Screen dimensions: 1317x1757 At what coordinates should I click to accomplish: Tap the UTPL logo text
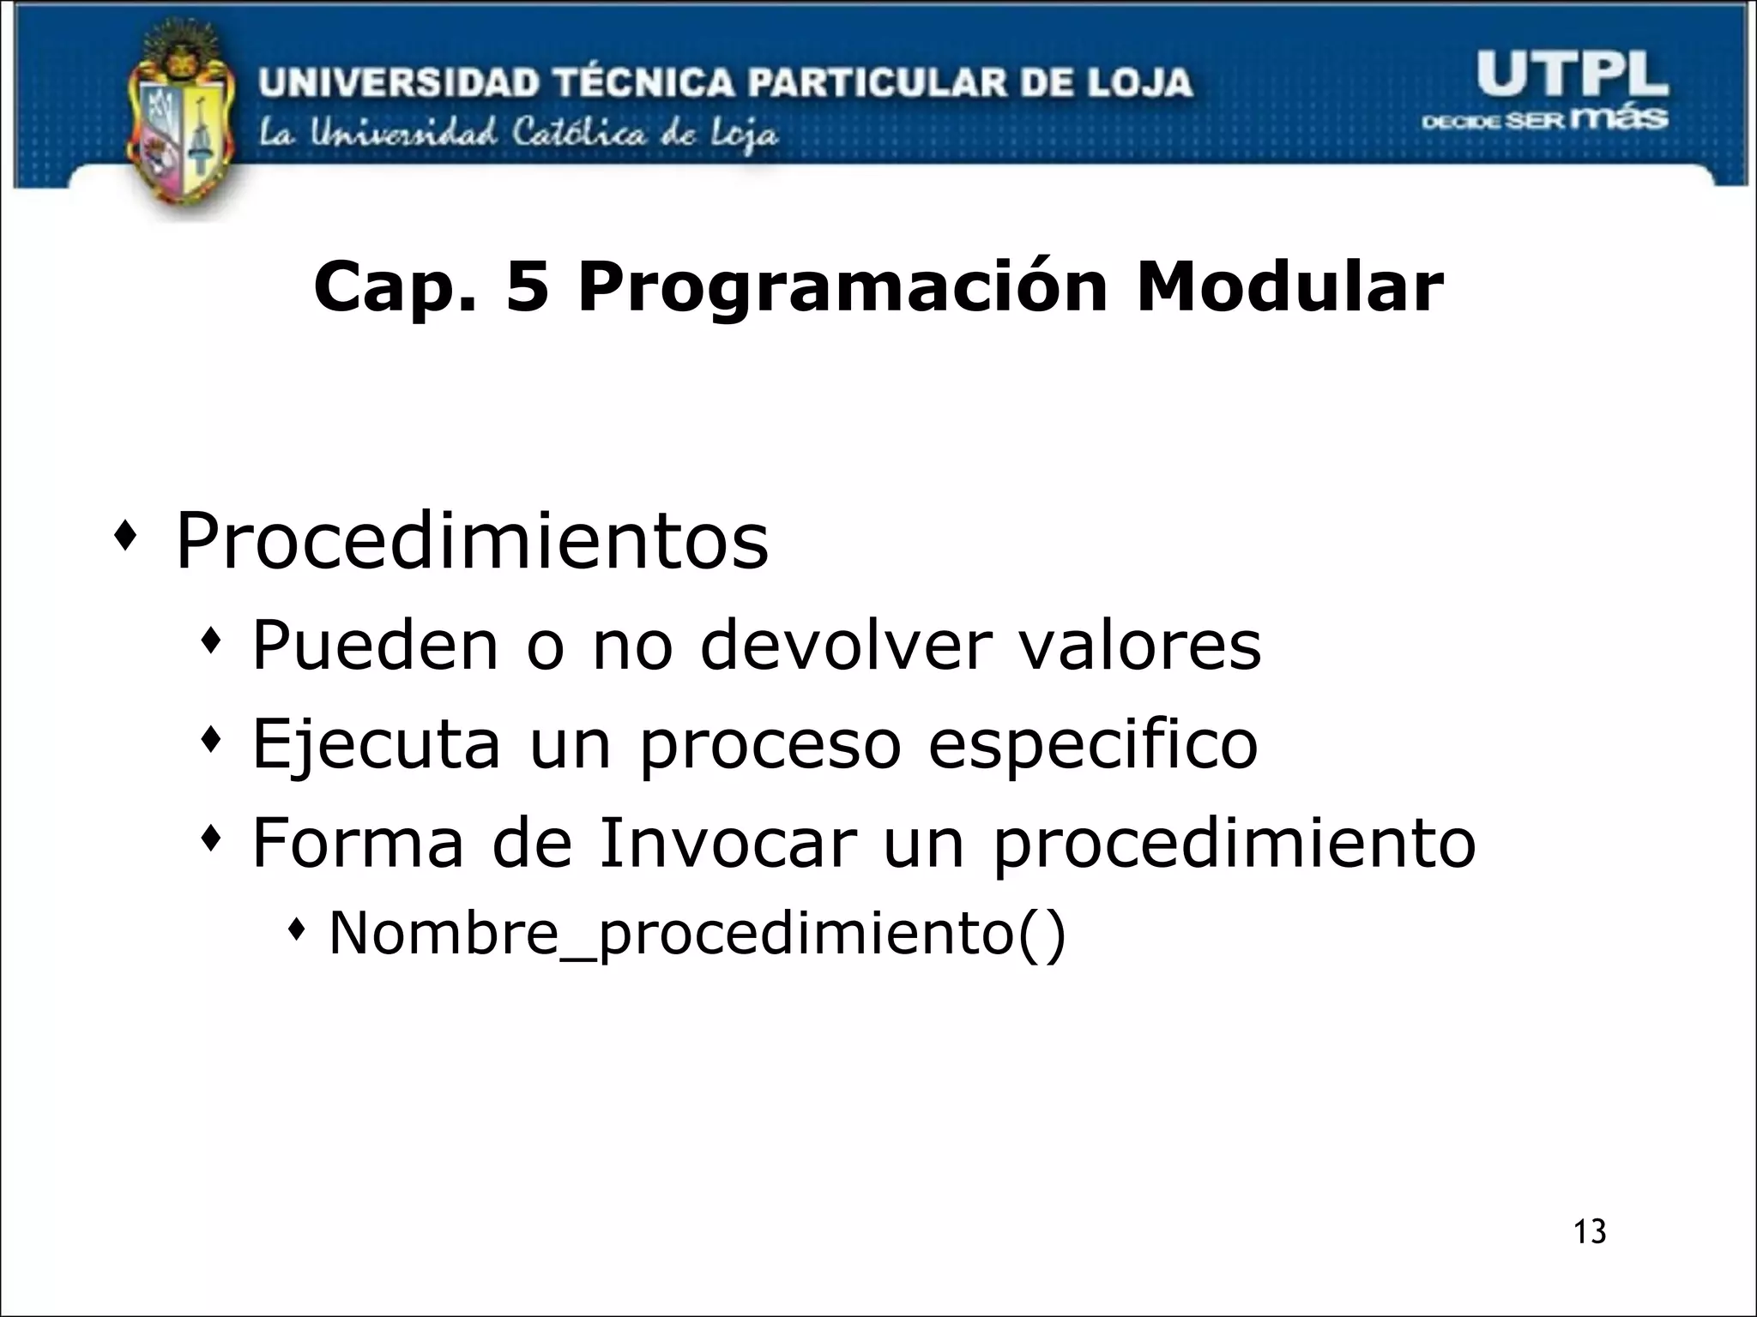[1572, 75]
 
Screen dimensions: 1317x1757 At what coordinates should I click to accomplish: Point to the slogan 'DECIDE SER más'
[1544, 119]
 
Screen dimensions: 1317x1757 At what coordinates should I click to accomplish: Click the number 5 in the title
[527, 287]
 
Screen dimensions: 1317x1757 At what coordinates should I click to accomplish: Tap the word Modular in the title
[1289, 287]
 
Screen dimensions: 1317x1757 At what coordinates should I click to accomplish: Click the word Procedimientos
[472, 540]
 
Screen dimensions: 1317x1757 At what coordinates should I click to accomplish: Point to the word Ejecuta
[376, 744]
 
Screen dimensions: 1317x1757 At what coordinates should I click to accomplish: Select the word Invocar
[728, 842]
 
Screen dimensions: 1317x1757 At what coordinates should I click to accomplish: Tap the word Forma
[358, 842]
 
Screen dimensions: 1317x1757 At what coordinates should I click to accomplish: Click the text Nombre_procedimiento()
[697, 934]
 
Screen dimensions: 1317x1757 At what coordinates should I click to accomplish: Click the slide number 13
[1590, 1231]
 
